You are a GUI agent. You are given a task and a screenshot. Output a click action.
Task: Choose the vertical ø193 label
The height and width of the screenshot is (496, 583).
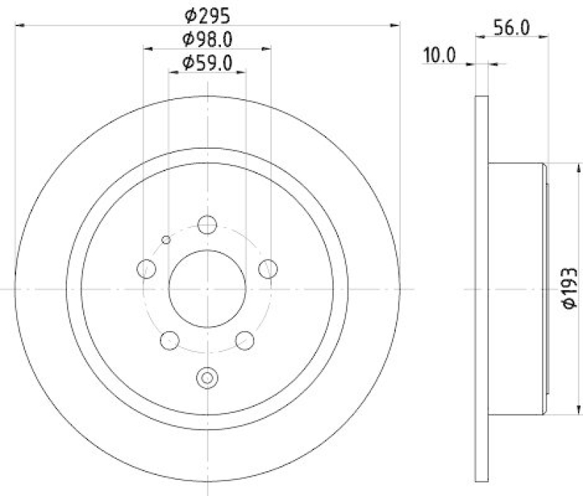click(570, 290)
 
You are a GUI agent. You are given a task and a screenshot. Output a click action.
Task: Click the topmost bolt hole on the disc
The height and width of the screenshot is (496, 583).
click(208, 225)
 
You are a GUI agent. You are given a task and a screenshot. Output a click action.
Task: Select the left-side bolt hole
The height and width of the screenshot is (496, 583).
click(146, 268)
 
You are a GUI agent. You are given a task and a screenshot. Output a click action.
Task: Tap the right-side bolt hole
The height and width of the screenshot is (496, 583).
click(269, 268)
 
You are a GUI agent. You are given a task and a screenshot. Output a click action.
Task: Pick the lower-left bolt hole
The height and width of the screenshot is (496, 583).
click(170, 340)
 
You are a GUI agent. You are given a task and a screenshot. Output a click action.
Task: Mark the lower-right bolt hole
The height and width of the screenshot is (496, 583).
click(246, 340)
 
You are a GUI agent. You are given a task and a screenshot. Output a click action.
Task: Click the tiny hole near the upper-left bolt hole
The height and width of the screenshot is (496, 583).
click(166, 240)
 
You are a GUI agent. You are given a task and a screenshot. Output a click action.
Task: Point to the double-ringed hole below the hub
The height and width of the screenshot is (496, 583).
click(208, 378)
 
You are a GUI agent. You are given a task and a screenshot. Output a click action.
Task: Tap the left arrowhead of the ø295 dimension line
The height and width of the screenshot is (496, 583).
click(19, 26)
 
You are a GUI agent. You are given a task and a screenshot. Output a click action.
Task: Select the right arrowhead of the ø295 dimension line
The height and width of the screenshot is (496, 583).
click(396, 26)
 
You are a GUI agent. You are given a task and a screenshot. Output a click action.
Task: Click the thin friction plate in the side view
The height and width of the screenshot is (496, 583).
click(480, 290)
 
